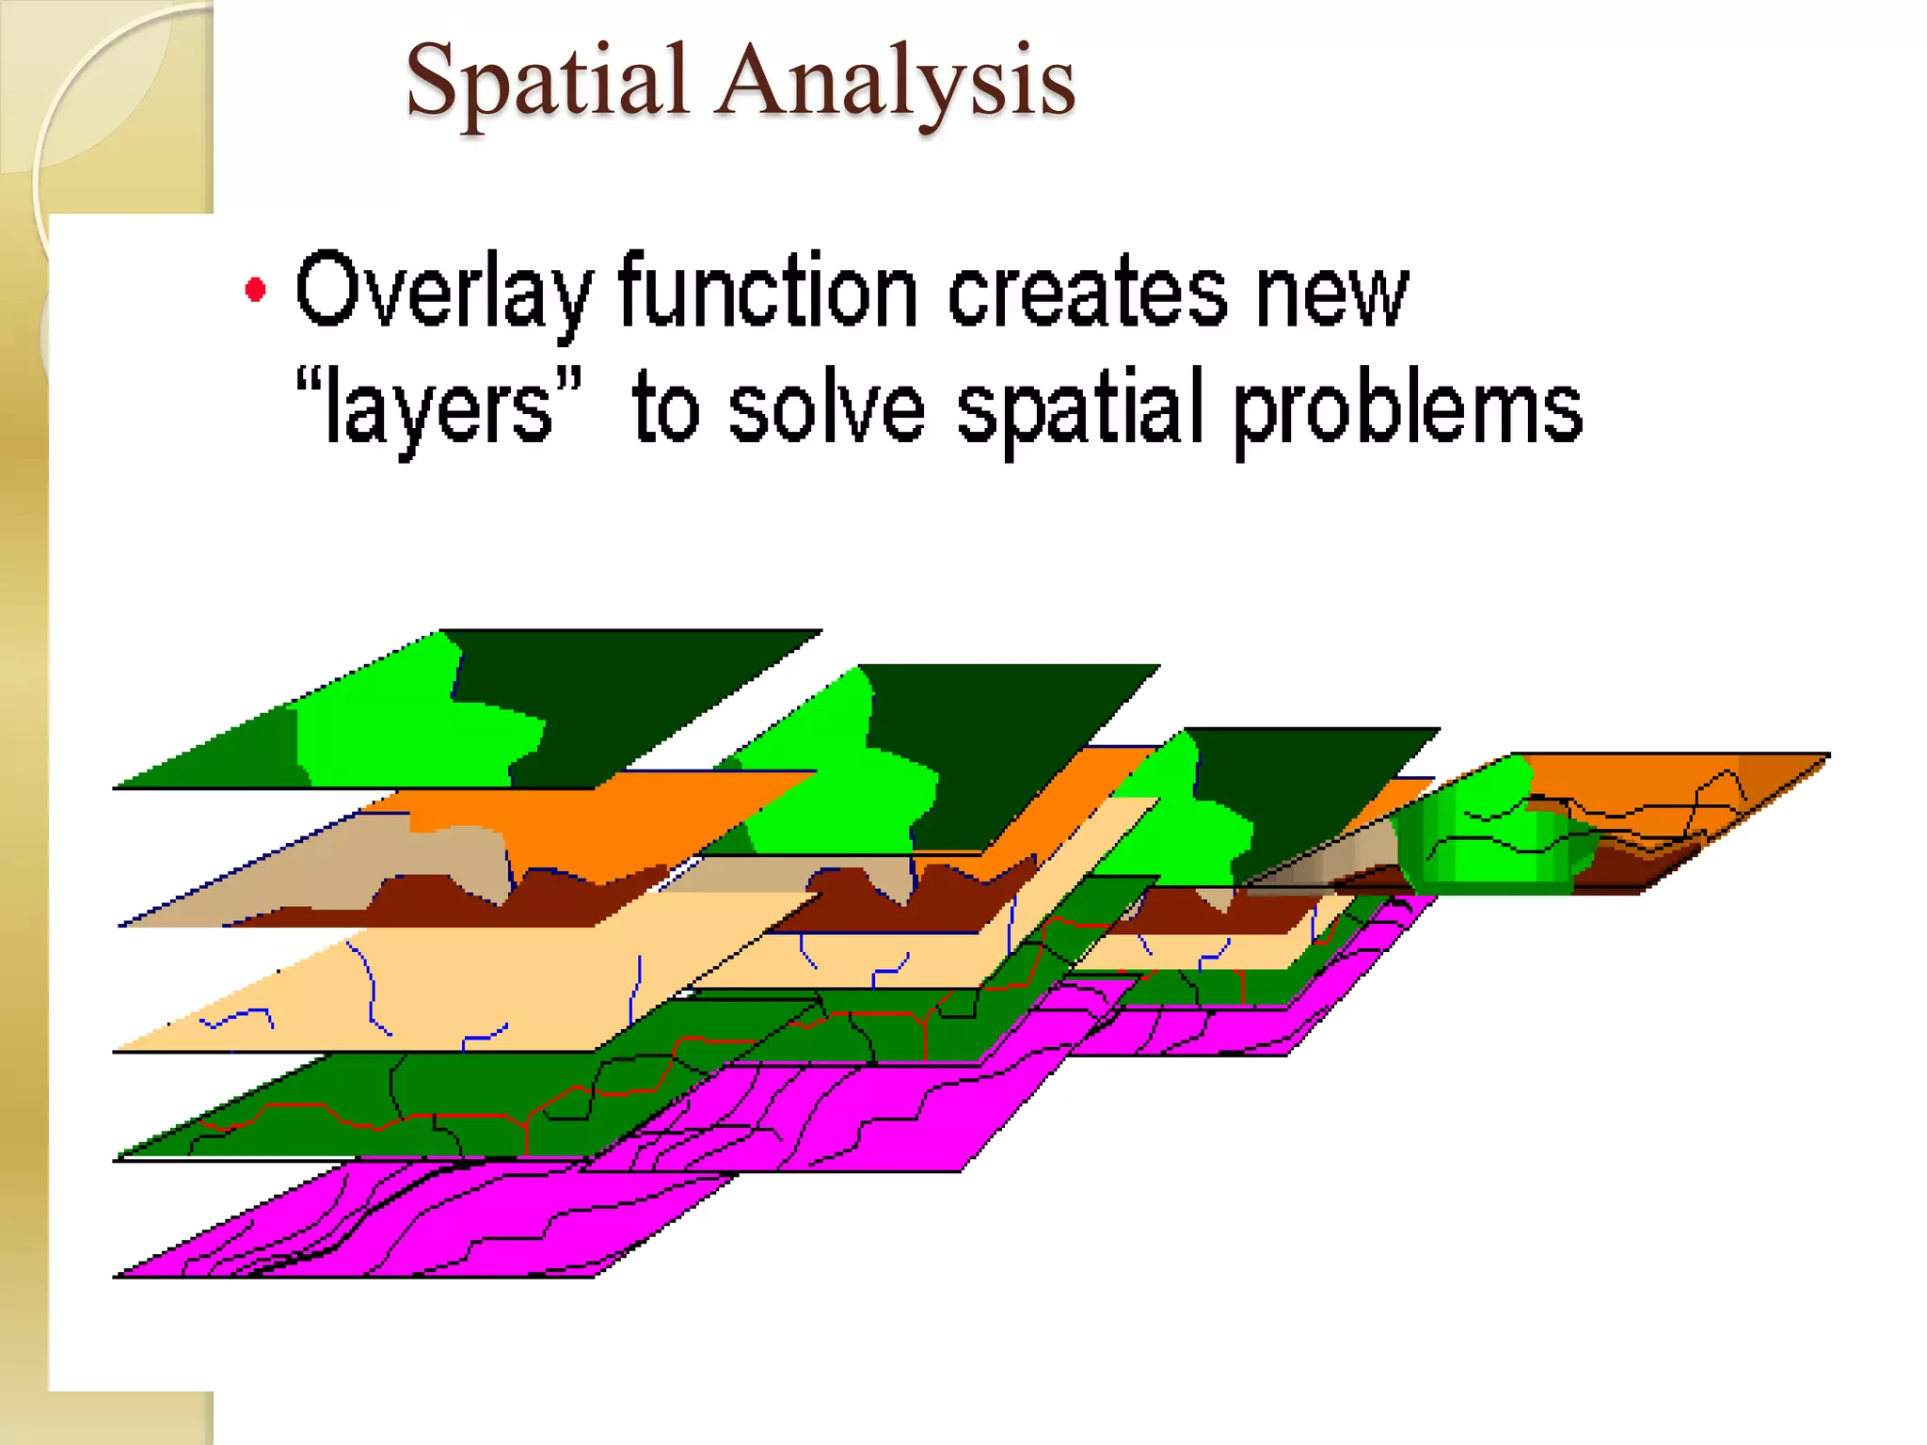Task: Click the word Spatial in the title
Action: tap(546, 83)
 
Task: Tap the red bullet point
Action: tap(255, 289)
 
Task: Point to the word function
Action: tap(767, 292)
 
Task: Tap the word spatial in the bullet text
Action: tap(1082, 409)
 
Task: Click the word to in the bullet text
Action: tap(665, 409)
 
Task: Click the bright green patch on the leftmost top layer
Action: tap(395, 734)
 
